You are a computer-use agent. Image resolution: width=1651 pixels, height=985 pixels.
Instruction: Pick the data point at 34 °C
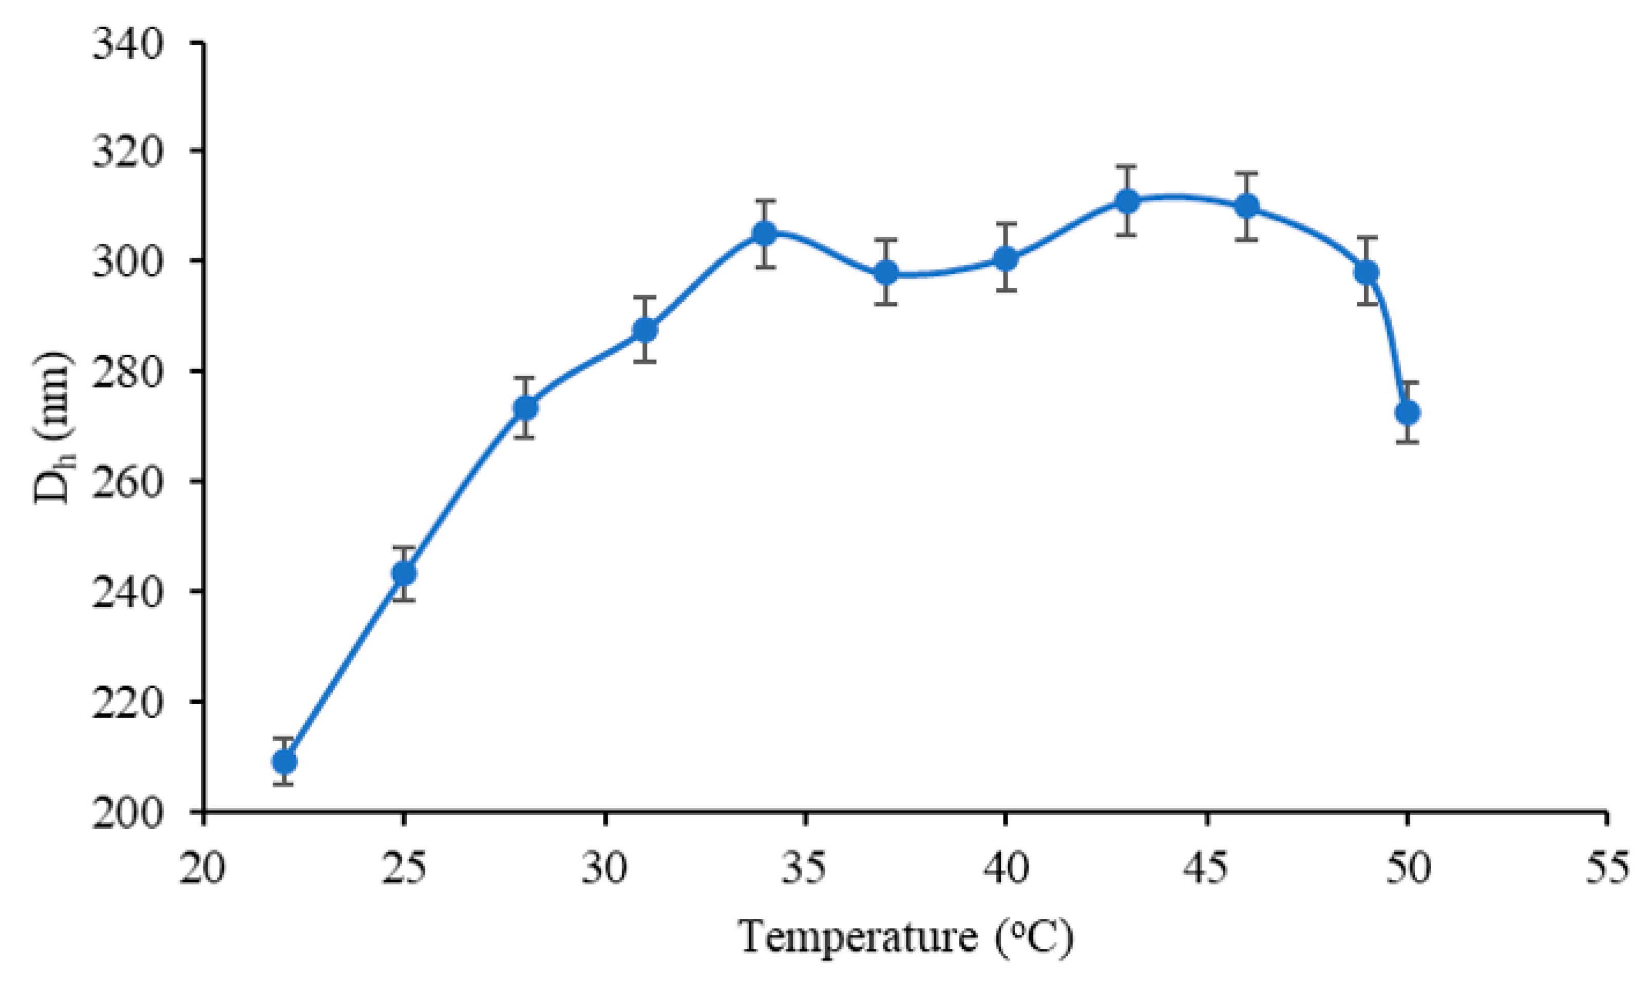pos(765,233)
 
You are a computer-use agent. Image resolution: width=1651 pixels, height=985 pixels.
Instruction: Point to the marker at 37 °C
pos(885,272)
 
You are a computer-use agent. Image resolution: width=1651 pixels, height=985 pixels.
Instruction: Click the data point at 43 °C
pos(1127,201)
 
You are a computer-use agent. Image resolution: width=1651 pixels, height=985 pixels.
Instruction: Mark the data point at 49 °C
pos(1366,272)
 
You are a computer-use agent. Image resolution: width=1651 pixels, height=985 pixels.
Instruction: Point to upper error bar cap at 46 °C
pos(1247,173)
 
